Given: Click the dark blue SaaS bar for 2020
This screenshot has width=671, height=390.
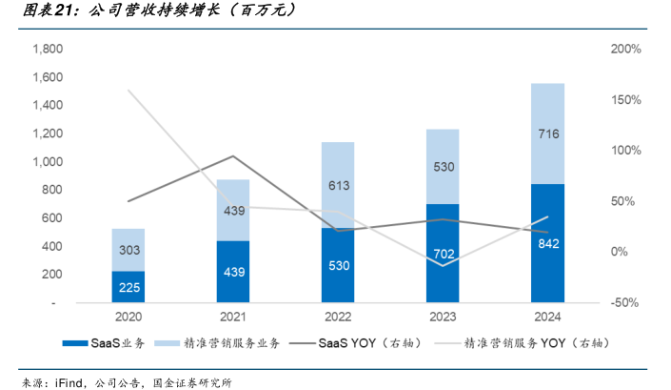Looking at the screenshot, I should [x=128, y=286].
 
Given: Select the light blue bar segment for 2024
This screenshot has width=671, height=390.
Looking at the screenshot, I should [x=547, y=133].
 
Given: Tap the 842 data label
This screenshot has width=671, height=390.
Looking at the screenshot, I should [x=547, y=244].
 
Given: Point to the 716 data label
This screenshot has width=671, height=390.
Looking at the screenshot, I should [x=547, y=134].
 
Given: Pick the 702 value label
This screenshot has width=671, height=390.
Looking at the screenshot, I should [x=443, y=255].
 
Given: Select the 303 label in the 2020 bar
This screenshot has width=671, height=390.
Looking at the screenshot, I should [x=128, y=250].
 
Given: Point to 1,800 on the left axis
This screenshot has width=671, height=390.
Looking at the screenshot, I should [x=48, y=49].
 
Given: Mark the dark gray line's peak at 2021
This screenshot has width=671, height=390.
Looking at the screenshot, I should [x=233, y=156].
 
